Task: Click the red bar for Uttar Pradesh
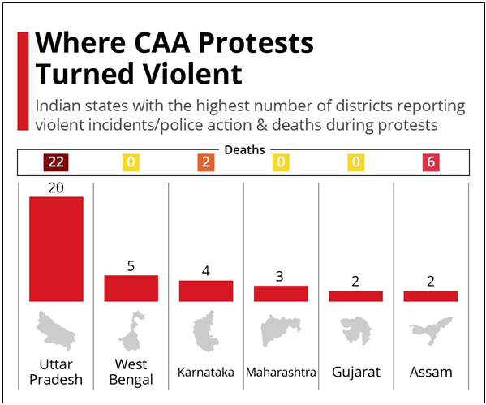(x=56, y=249)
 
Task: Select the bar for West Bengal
(x=131, y=288)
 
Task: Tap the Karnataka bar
(x=206, y=291)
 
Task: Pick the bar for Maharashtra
(x=281, y=294)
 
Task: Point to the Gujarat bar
(x=355, y=296)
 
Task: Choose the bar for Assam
(x=431, y=296)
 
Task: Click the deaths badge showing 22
(x=56, y=162)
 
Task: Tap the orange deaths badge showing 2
(x=206, y=162)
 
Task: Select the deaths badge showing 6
(x=431, y=162)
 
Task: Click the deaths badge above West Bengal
(x=131, y=162)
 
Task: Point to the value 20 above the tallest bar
(x=56, y=187)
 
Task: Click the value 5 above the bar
(x=131, y=265)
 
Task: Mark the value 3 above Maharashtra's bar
(x=281, y=276)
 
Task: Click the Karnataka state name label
(x=206, y=373)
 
